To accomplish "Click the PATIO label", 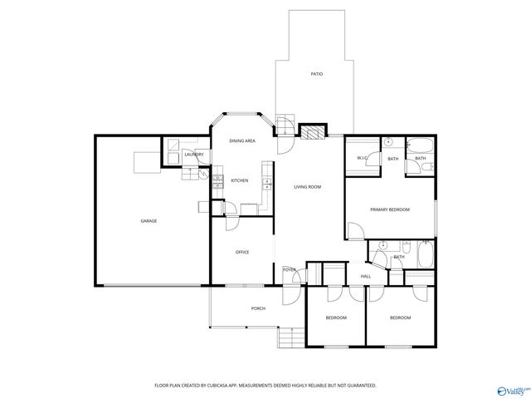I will (316, 75).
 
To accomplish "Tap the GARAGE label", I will (149, 221).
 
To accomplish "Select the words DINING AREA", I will (242, 141).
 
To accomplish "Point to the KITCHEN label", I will (240, 180).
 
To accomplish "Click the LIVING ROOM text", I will (307, 187).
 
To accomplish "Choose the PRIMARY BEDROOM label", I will (390, 209).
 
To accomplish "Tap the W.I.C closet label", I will (362, 158).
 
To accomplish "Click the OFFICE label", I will (242, 252).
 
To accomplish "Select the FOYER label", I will (290, 270).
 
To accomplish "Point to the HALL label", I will (365, 277).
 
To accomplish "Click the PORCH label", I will (258, 308).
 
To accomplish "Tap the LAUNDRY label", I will (194, 154).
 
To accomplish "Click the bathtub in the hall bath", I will (425, 254).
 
